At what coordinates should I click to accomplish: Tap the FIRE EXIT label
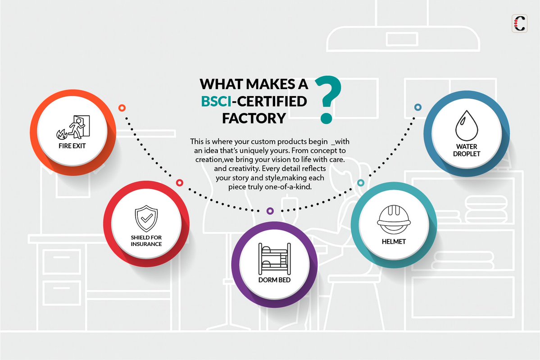coord(72,146)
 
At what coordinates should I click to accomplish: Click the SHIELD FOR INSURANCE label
coord(146,241)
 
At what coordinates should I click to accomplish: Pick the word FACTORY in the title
coord(254,118)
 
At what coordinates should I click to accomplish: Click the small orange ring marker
coord(122,108)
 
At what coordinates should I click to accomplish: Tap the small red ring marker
coord(180,183)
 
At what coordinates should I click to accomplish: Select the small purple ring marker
coord(270,211)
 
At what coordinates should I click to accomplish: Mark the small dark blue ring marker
coord(418,107)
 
